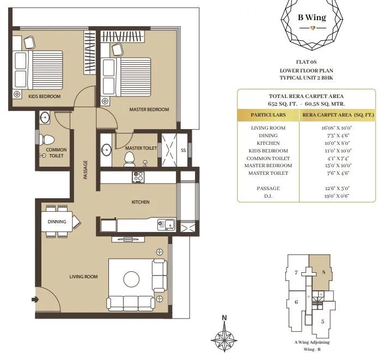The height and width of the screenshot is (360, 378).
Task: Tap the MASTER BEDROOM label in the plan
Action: pyautogui.click(x=149, y=109)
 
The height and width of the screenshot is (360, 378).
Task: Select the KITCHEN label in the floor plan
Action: pyautogui.click(x=141, y=202)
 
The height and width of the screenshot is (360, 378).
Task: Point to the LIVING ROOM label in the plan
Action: pyautogui.click(x=83, y=277)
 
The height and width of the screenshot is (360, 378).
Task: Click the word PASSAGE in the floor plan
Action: pyautogui.click(x=86, y=169)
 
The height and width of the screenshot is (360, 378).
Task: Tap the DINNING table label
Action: pyautogui.click(x=57, y=222)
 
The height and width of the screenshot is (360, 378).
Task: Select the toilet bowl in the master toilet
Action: pyautogui.click(x=130, y=158)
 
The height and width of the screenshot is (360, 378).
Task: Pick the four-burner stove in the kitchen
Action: pyautogui.click(x=138, y=176)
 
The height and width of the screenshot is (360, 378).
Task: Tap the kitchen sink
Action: pyautogui.click(x=165, y=223)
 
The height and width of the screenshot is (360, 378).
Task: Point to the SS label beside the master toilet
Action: pyautogui.click(x=184, y=150)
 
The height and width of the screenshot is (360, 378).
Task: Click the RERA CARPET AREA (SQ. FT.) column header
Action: pyautogui.click(x=338, y=115)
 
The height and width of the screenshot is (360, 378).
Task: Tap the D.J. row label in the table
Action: pyautogui.click(x=268, y=196)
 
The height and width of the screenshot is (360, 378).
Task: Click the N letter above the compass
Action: pyautogui.click(x=223, y=318)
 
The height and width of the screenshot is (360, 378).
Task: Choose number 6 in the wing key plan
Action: pyautogui.click(x=296, y=302)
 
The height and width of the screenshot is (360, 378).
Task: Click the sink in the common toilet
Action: pyautogui.click(x=45, y=117)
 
